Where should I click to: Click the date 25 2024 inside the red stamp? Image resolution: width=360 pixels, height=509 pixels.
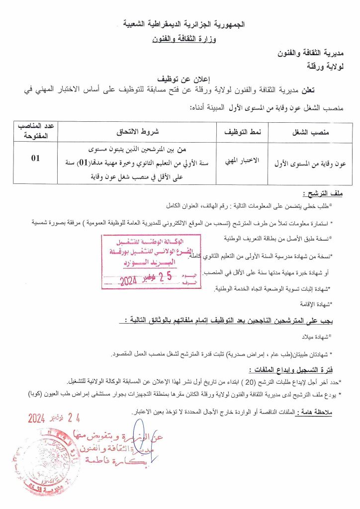point(145,279)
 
